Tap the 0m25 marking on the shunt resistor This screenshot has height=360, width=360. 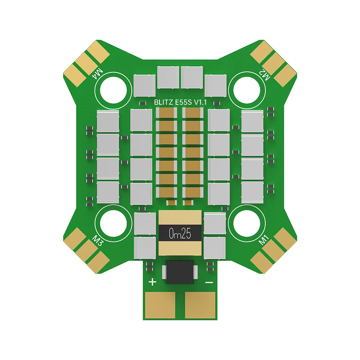tap(180, 234)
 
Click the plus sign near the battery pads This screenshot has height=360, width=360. tap(153, 282)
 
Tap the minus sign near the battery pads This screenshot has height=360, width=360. tap(209, 283)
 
